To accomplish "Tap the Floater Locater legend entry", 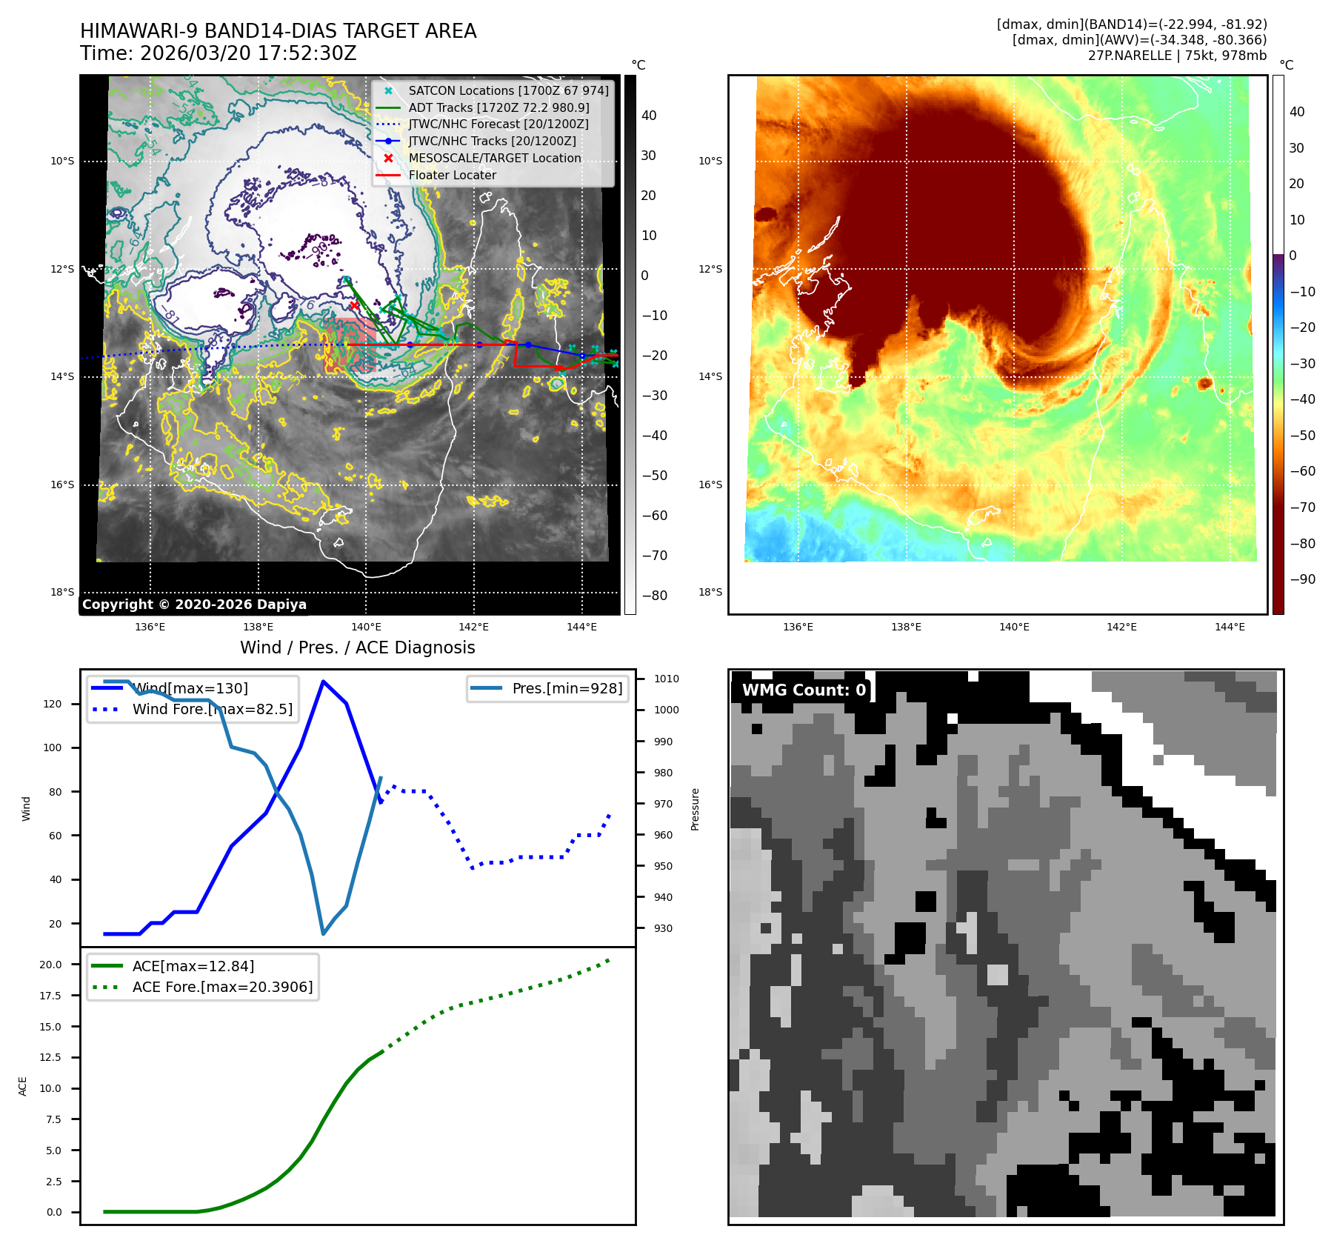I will pyautogui.click(x=452, y=175).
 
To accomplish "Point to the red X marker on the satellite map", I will pyautogui.click(x=354, y=305).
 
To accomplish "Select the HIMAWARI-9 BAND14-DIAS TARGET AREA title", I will pyautogui.click(x=278, y=31).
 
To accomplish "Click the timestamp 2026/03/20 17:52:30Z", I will pyautogui.click(x=248, y=53).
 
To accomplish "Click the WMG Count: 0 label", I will pyautogui.click(x=804, y=690).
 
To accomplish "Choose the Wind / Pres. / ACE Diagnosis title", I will pyautogui.click(x=357, y=647).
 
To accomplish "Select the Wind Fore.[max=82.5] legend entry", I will pyautogui.click(x=212, y=709).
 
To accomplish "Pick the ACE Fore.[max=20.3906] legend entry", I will pyautogui.click(x=222, y=987).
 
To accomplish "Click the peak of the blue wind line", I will pyautogui.click(x=323, y=681).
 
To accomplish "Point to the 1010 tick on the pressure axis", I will pyautogui.click(x=666, y=679).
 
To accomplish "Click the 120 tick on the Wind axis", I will pyautogui.click(x=53, y=704).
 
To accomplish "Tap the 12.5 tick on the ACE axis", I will pyautogui.click(x=50, y=1057).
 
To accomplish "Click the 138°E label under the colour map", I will pyautogui.click(x=906, y=627).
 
